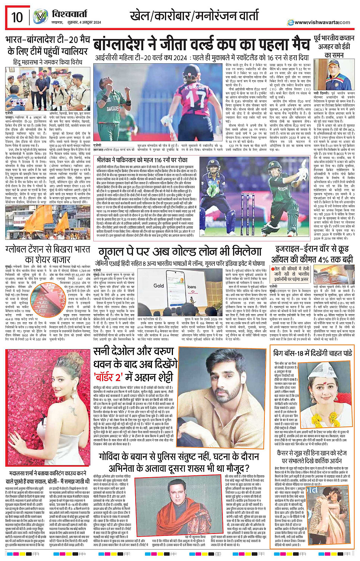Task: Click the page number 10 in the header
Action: [x=17, y=17]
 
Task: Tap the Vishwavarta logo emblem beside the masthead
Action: [x=40, y=17]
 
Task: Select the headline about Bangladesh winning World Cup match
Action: [x=202, y=44]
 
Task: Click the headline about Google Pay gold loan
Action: [x=180, y=252]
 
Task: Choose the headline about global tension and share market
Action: [x=48, y=254]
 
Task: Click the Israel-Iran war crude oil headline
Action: [x=312, y=254]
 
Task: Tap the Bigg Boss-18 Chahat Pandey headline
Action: [x=312, y=353]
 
